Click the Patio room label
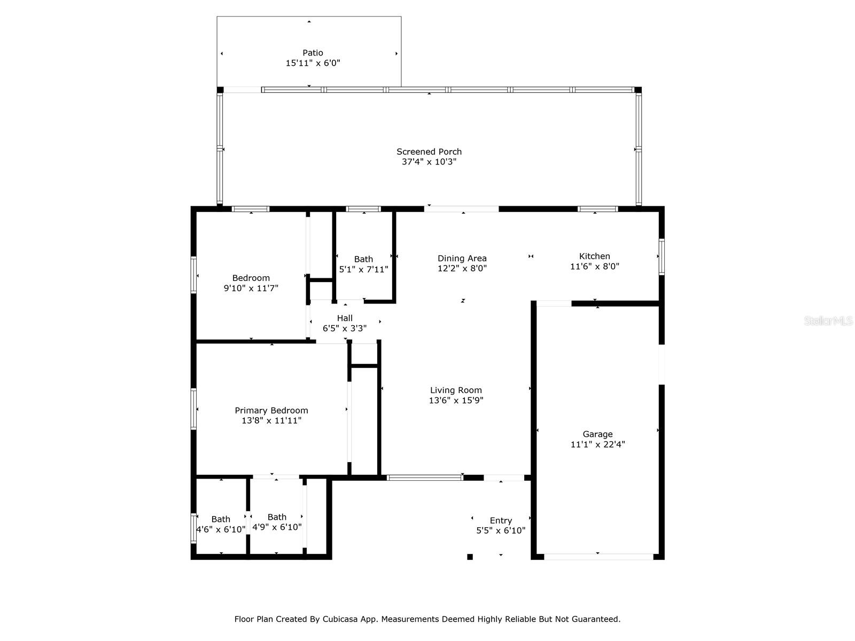pyautogui.click(x=313, y=52)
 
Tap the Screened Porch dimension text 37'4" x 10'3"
pyautogui.click(x=429, y=162)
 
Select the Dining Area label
pyautogui.click(x=462, y=259)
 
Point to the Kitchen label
pyautogui.click(x=594, y=256)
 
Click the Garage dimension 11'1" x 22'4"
pyautogui.click(x=597, y=444)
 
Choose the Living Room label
pyautogui.click(x=456, y=390)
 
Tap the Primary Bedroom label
pyautogui.click(x=271, y=411)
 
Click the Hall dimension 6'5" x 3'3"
pyautogui.click(x=345, y=329)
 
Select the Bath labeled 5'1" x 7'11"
pyautogui.click(x=363, y=259)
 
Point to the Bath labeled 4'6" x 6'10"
pyautogui.click(x=221, y=519)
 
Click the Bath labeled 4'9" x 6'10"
pyautogui.click(x=277, y=517)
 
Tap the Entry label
pyautogui.click(x=501, y=521)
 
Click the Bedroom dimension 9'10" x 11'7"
pyautogui.click(x=251, y=288)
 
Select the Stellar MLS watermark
pyautogui.click(x=828, y=320)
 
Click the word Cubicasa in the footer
pyautogui.click(x=340, y=619)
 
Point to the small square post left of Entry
pyautogui.click(x=470, y=557)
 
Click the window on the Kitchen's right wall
pyautogui.click(x=662, y=257)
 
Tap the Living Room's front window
pyautogui.click(x=425, y=478)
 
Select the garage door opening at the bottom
pyautogui.click(x=598, y=557)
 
